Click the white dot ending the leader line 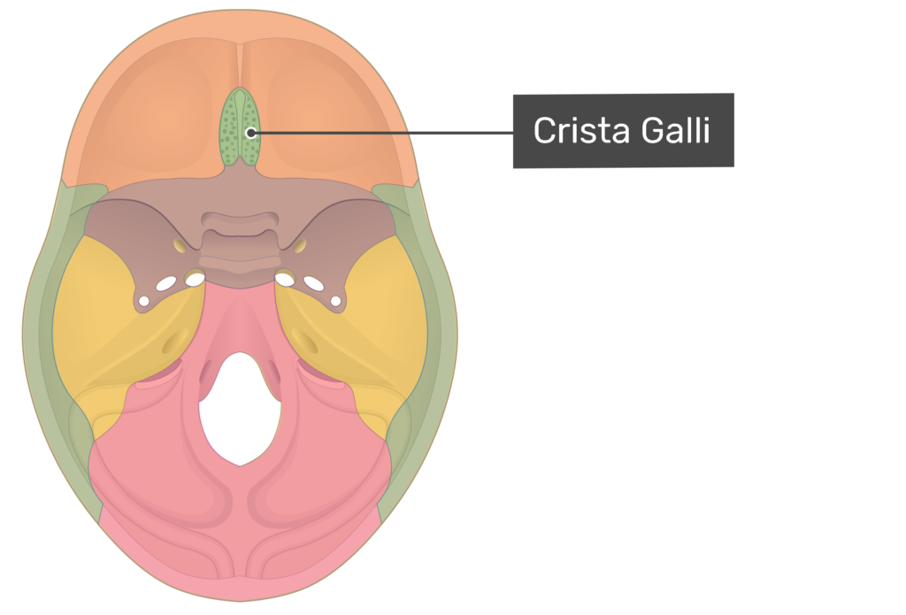(x=251, y=134)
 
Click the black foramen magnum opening (x=237, y=407)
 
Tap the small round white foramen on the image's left (x=143, y=302)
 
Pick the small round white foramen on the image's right (x=336, y=301)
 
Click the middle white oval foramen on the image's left (x=165, y=285)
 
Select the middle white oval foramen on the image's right (x=314, y=284)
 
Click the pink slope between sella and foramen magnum (x=237, y=319)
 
